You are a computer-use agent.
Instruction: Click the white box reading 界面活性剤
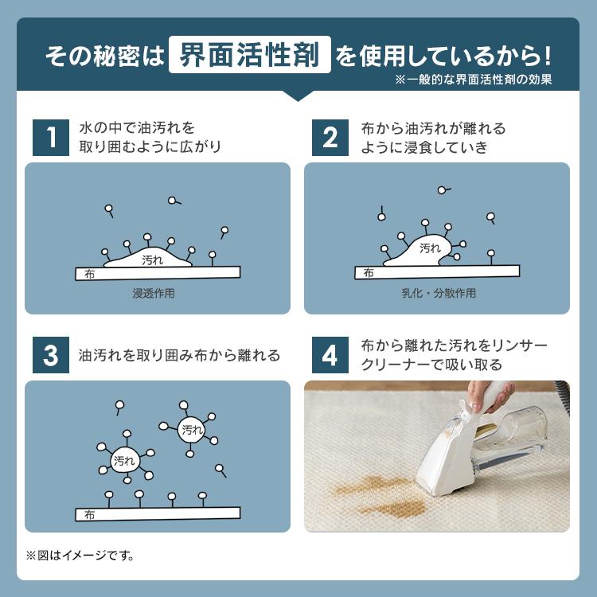coord(250,54)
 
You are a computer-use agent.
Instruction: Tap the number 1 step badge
coord(51,138)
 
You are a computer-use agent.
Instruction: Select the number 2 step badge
coord(330,138)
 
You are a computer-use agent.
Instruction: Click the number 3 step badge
coord(51,355)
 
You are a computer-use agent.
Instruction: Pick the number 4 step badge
coord(330,355)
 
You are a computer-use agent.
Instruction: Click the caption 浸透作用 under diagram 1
coord(154,293)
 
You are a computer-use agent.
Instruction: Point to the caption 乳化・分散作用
coord(439,293)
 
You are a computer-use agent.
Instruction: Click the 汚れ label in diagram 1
coord(152,260)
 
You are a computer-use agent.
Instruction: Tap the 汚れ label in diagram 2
coord(430,248)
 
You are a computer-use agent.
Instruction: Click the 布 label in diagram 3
coord(89,515)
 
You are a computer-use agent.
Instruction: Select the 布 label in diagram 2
coord(369,272)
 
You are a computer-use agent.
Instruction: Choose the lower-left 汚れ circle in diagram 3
coord(124,461)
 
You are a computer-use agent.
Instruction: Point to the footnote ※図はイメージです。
coord(80,556)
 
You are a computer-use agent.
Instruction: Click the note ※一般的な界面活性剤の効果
coord(474,79)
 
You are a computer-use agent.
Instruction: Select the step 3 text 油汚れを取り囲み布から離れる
coord(179,355)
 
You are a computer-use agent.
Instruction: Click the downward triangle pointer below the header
coord(298,96)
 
